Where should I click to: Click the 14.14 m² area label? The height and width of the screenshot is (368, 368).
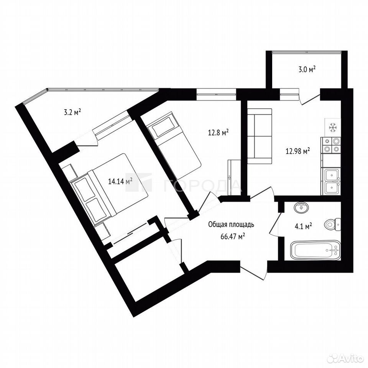pos(120,181)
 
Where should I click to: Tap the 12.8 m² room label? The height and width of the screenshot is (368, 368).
pos(219,133)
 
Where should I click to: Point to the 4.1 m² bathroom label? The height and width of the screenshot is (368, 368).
pos(303,227)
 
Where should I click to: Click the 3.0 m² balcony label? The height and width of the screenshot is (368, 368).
pos(307,70)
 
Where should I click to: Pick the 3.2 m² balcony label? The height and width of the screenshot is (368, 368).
pos(72,112)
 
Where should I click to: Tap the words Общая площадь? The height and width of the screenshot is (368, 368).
pos(231,225)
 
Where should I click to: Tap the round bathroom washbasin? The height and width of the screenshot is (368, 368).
pos(301,207)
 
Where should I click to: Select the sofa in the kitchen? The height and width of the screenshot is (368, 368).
pos(260,136)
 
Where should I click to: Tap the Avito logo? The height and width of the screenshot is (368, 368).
pos(346,359)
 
